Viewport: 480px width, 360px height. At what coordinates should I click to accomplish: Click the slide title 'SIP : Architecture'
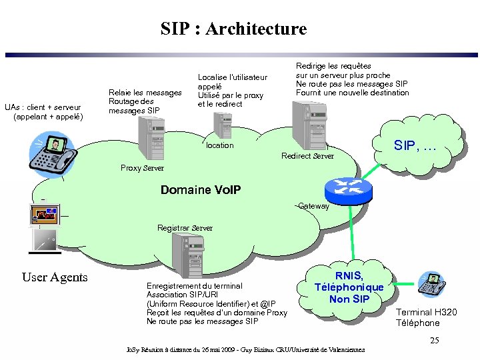(x=233, y=29)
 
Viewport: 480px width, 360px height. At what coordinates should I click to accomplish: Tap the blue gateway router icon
(x=348, y=191)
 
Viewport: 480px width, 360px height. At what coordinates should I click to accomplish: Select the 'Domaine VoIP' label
(x=201, y=190)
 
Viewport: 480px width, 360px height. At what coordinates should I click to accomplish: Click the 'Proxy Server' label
(x=142, y=168)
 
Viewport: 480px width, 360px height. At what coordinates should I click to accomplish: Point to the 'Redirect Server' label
(x=307, y=156)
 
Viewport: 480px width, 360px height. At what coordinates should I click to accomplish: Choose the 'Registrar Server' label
(x=185, y=228)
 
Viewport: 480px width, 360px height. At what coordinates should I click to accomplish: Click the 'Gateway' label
(x=313, y=206)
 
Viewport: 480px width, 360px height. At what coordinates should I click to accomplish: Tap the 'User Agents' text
(x=55, y=277)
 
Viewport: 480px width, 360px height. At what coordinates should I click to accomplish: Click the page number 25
(x=434, y=341)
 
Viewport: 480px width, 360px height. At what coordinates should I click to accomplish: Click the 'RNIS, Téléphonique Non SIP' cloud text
(x=349, y=287)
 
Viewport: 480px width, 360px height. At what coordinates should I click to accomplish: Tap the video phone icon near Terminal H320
(x=431, y=285)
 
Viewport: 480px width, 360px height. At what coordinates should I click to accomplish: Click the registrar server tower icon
(x=186, y=256)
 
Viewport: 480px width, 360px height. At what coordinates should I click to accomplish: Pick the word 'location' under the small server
(x=220, y=145)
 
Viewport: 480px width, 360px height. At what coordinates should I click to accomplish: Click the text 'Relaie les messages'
(x=145, y=93)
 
